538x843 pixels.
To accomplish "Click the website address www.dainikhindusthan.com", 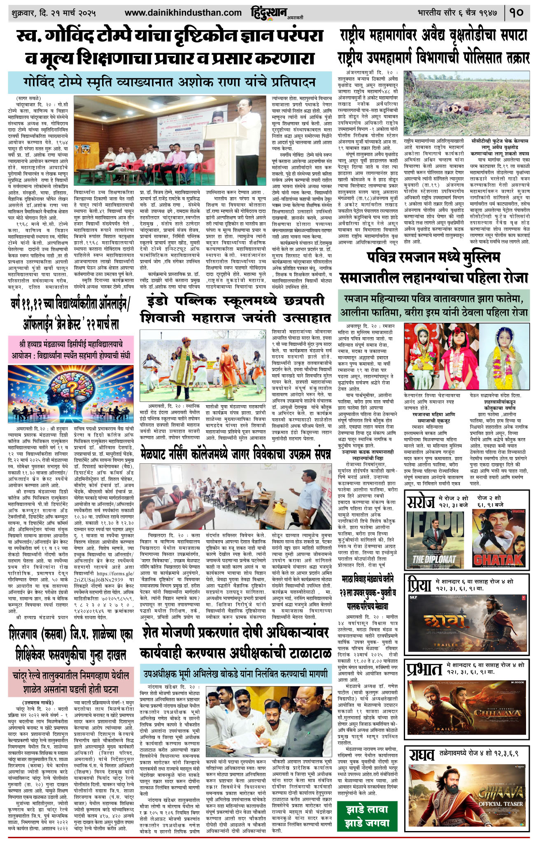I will coord(183,13).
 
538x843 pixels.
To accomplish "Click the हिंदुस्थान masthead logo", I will coord(269,12).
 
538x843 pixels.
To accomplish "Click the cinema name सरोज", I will coord(420,502).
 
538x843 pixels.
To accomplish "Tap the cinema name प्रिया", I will coord(419,584).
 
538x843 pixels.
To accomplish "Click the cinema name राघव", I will coord(422,755).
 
